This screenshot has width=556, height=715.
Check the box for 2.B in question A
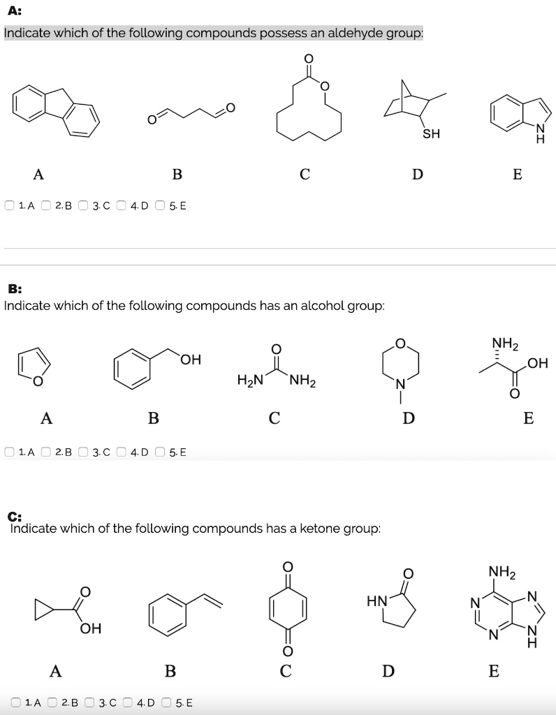(46, 206)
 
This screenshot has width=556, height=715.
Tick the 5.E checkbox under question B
(160, 452)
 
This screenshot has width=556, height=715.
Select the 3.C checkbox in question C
(90, 702)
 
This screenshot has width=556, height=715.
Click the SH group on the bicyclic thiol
(431, 134)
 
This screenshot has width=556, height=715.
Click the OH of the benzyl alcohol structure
(191, 360)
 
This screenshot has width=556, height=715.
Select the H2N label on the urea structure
(250, 380)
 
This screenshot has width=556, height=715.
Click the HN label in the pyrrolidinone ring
(376, 601)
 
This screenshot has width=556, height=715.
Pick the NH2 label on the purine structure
(502, 572)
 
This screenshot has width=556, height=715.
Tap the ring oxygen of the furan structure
(38, 381)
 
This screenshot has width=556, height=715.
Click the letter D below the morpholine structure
(409, 418)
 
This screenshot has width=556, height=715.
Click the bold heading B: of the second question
(15, 289)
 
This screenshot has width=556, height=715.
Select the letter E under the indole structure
(517, 174)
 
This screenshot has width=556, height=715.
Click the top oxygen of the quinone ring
(287, 567)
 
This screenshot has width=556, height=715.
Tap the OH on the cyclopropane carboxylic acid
(90, 629)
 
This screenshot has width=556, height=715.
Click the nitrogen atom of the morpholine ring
(400, 385)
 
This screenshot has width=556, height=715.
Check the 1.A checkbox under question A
(10, 206)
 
